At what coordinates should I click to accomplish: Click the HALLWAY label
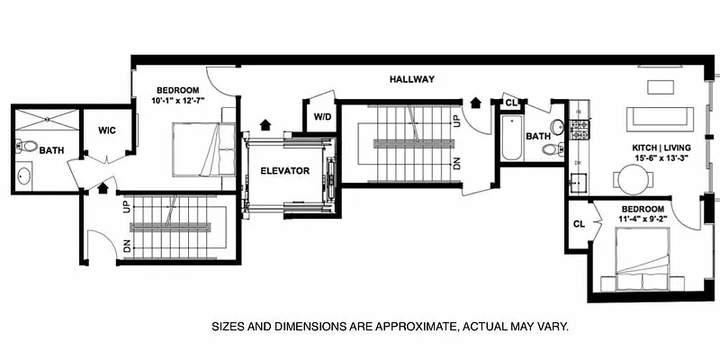coord(412,79)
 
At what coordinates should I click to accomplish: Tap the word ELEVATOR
coord(284,171)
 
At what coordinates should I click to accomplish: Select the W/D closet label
coord(322,117)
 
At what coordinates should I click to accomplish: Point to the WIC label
coord(107,130)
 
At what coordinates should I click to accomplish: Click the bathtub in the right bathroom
coord(511,138)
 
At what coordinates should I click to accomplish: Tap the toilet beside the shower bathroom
coord(27,146)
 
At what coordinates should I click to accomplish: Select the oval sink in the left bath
coord(24,175)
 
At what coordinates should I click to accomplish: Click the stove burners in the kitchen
coord(580,130)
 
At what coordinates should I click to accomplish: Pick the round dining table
coord(633,179)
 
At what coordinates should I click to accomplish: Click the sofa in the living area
coord(660,120)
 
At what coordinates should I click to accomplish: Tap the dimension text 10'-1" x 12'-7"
coord(177,99)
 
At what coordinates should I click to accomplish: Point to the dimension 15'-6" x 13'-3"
coord(661,157)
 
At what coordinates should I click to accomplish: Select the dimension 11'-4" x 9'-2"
coord(643,218)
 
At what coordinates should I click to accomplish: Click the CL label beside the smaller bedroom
coord(580,224)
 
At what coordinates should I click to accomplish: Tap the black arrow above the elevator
coord(265,124)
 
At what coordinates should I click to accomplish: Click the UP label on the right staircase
coord(456,121)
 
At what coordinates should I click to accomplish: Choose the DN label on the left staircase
coord(127,246)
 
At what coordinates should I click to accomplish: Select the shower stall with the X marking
coord(48,120)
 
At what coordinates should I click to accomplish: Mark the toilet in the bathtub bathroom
coord(553,148)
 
